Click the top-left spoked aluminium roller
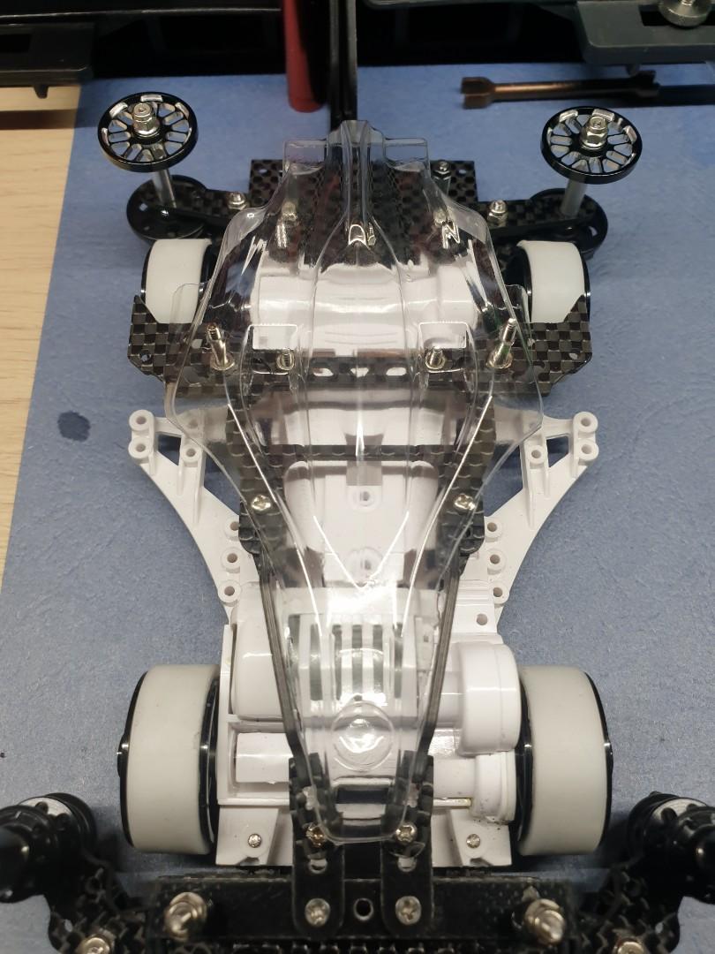pos(147,133)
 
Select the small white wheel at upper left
pos(174,277)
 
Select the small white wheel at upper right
pos(553,279)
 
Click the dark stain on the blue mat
pos(73,427)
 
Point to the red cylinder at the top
pos(305,53)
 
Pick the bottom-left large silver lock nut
pos(184,910)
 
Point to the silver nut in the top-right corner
pos(687,11)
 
